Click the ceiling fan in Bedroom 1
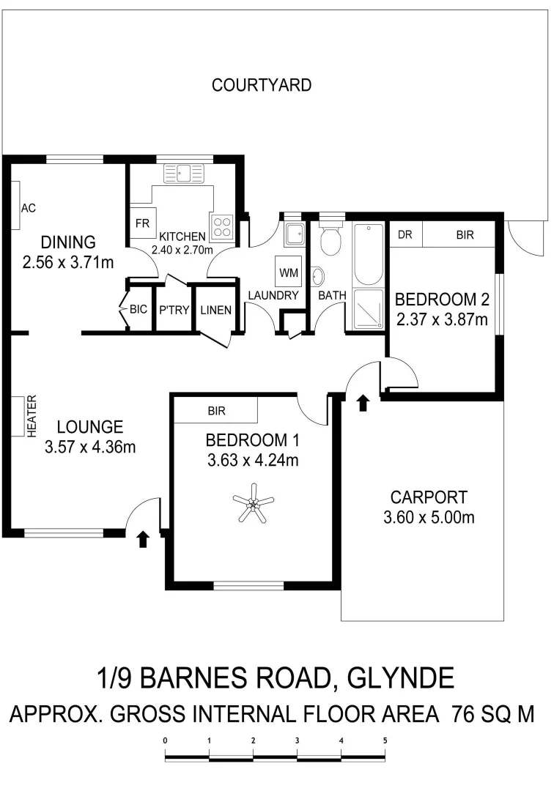point(252,505)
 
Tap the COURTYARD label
point(262,85)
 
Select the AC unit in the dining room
point(16,207)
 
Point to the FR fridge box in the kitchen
point(139,223)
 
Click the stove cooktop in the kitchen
point(222,226)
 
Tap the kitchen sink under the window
point(188,173)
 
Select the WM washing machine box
point(288,271)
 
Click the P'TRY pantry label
point(174,310)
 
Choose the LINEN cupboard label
point(216,310)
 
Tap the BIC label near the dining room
point(138,310)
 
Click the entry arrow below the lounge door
point(143,539)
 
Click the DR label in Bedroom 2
point(404,235)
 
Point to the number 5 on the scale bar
point(385,740)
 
